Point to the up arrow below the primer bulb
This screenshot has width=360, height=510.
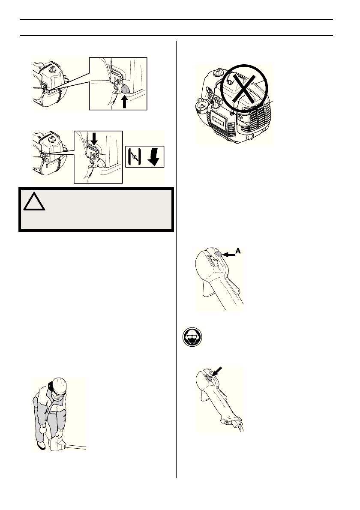click(124, 103)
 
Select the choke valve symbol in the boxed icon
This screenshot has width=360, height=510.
click(134, 157)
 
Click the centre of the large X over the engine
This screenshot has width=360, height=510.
click(244, 88)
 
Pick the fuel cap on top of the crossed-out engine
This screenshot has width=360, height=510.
click(220, 71)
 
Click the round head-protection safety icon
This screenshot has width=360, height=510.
click(190, 341)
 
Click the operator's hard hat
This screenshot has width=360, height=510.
click(58, 384)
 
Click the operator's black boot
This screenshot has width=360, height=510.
click(41, 446)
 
